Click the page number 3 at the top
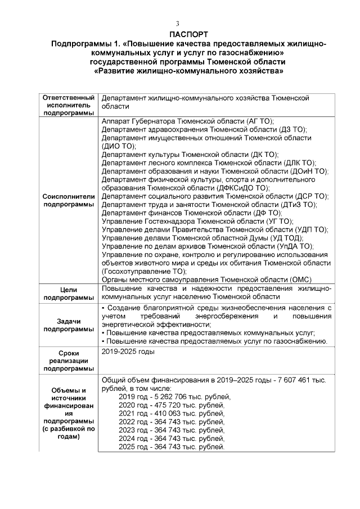coord(177,24)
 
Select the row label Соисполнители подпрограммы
coord(67,200)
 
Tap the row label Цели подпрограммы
coord(67,293)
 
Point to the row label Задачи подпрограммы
coord(67,325)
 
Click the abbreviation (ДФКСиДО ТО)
coord(243,188)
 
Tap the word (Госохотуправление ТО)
coord(144,271)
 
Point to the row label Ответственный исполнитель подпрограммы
coord(67,106)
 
